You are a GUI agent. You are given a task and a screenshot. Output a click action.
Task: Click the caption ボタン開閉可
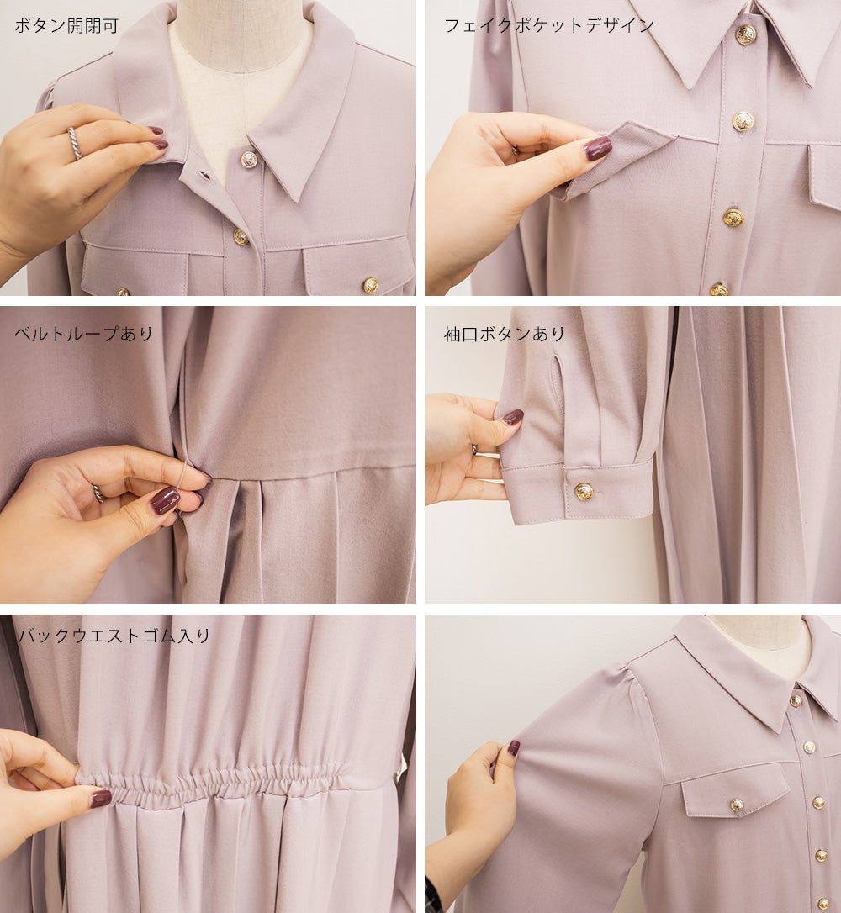(66, 25)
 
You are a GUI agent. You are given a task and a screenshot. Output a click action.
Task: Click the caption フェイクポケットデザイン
(549, 25)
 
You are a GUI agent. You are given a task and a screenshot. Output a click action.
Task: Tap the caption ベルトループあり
(83, 334)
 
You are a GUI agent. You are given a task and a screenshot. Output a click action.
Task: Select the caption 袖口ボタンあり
(505, 334)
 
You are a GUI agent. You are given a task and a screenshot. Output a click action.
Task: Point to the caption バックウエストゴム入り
(114, 636)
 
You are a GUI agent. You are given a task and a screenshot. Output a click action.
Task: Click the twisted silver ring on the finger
(75, 143)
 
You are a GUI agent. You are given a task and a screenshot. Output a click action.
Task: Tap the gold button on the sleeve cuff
(584, 492)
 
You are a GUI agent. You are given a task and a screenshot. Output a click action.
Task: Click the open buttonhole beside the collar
(204, 174)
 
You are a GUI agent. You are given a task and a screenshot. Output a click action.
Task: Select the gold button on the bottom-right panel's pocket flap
(737, 805)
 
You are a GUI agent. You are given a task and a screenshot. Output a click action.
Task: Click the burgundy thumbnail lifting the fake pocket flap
(598, 148)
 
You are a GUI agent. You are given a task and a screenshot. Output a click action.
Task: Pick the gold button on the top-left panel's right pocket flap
(370, 285)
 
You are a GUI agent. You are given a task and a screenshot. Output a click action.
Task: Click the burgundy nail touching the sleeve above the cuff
(512, 417)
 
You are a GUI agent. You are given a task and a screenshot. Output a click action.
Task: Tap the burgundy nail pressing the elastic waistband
(101, 798)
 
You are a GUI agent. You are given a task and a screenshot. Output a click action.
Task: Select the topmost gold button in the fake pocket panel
(746, 35)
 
